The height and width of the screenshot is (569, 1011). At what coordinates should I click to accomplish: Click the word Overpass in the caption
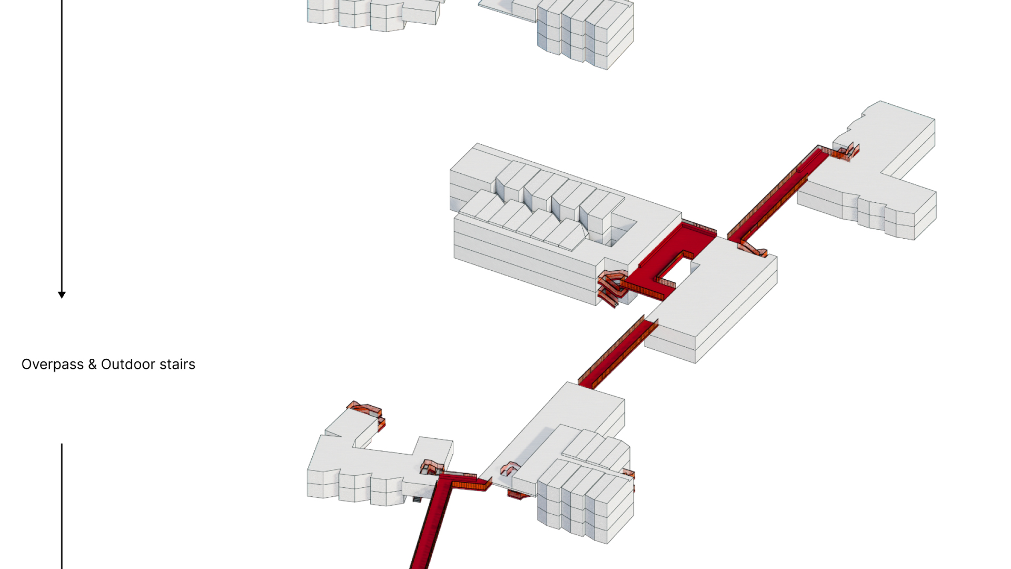(x=53, y=364)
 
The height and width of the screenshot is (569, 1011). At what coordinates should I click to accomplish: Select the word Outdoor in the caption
(x=128, y=364)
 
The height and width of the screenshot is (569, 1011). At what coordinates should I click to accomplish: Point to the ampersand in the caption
(x=92, y=364)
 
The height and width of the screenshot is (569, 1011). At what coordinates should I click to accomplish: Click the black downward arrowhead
(x=62, y=295)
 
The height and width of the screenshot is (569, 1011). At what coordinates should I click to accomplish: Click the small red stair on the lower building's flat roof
(x=510, y=468)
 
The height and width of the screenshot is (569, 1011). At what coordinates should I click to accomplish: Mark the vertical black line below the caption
(x=62, y=506)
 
